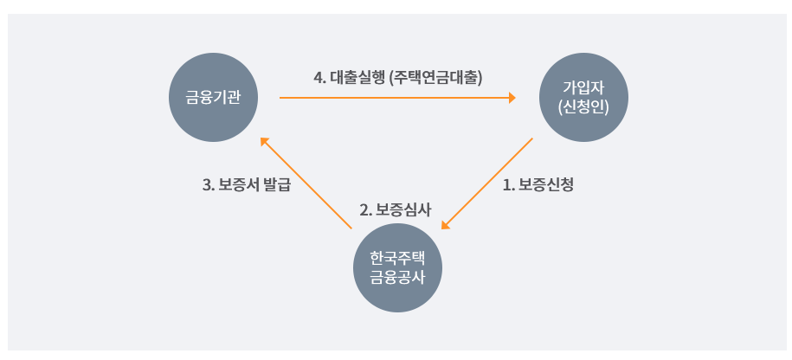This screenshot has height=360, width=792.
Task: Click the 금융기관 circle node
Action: (212, 98)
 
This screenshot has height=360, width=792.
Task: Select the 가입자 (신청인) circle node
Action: (582, 98)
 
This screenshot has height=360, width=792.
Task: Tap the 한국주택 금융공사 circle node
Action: (398, 267)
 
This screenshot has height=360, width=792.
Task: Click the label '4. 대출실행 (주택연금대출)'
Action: (397, 78)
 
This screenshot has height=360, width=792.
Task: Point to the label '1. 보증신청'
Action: (538, 184)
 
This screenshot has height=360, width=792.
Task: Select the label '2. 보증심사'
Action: (396, 210)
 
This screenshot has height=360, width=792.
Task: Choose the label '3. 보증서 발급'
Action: (246, 184)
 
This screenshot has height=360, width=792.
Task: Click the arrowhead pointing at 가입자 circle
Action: (512, 98)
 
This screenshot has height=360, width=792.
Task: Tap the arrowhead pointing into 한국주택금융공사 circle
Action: (446, 225)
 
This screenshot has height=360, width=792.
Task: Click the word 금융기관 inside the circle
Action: (212, 98)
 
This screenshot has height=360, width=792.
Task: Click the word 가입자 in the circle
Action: (582, 88)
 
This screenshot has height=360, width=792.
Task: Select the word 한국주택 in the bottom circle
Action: (398, 258)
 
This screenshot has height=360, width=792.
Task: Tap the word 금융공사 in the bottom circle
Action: (398, 277)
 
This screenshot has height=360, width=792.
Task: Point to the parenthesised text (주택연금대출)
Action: (436, 78)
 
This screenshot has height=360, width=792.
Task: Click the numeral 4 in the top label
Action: (318, 78)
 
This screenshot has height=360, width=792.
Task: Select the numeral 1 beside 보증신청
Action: (506, 184)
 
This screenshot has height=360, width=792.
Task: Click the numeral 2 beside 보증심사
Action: (364, 210)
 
